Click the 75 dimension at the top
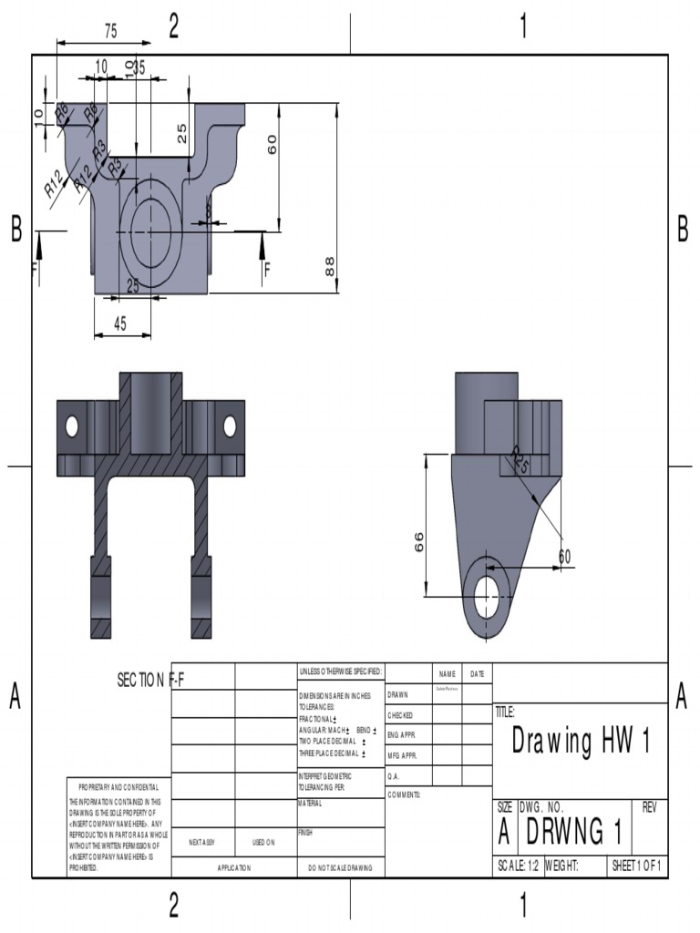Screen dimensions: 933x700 click(x=110, y=31)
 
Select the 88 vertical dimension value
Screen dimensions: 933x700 click(x=330, y=265)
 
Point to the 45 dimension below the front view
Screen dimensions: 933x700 click(x=120, y=323)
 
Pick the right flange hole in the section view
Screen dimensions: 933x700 click(x=230, y=425)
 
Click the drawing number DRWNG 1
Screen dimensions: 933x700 click(x=574, y=830)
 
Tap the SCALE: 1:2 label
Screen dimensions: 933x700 click(x=517, y=866)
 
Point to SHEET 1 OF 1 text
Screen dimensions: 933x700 click(x=637, y=866)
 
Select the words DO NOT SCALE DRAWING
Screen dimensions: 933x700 click(x=340, y=868)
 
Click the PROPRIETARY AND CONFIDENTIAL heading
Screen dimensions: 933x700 click(x=118, y=786)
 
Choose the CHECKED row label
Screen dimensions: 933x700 click(x=400, y=715)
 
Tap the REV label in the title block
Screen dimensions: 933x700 click(x=649, y=807)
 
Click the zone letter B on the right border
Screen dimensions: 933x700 click(x=683, y=231)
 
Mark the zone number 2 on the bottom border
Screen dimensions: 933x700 click(x=173, y=905)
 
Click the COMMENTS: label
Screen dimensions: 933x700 click(x=404, y=795)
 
